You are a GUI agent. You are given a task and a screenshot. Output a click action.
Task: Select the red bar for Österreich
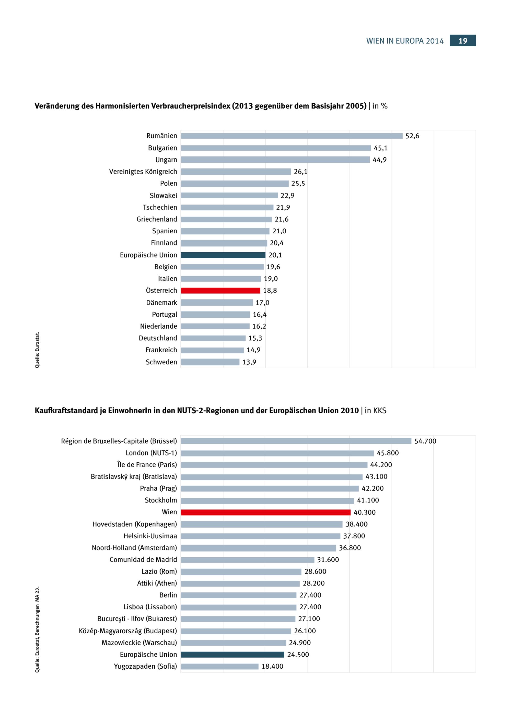click(220, 290)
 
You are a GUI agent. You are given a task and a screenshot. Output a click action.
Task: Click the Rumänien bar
click(292, 136)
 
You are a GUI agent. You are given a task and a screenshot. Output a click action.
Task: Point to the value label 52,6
click(412, 136)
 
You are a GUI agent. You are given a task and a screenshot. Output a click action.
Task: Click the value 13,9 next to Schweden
click(249, 362)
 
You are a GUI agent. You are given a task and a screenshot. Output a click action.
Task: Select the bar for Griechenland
click(226, 219)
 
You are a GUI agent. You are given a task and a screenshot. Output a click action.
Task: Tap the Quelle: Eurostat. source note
click(37, 350)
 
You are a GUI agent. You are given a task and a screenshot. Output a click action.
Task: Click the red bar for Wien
click(266, 512)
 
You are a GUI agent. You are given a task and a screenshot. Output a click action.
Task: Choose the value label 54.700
click(425, 441)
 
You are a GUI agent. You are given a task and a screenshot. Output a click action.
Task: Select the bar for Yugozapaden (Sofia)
click(219, 666)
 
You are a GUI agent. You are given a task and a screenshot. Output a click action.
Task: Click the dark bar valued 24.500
click(233, 655)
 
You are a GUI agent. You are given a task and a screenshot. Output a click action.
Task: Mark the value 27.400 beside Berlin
click(310, 595)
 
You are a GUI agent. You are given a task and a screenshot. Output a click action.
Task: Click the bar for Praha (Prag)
click(270, 488)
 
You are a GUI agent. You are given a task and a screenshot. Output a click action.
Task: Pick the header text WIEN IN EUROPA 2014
click(405, 41)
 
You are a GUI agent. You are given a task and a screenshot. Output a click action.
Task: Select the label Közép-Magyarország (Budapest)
click(128, 631)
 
